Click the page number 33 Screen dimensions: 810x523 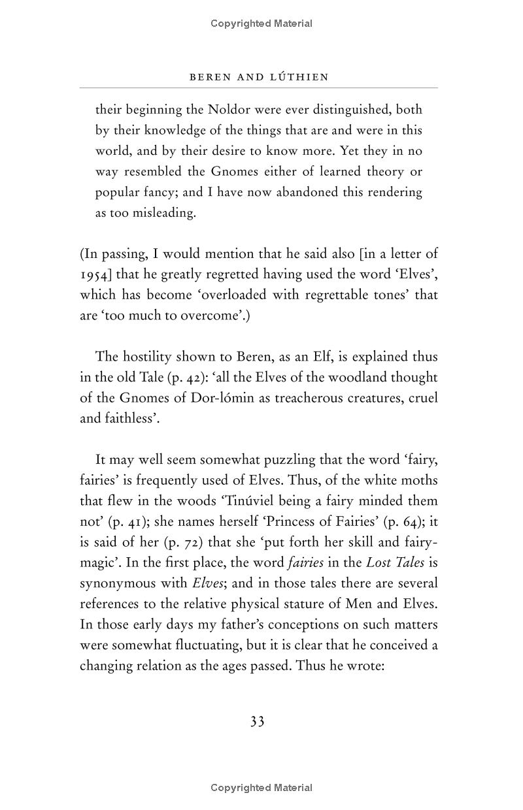pyautogui.click(x=258, y=722)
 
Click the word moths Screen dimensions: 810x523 pyautogui.click(x=419, y=480)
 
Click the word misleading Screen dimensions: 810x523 pyautogui.click(x=160, y=213)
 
